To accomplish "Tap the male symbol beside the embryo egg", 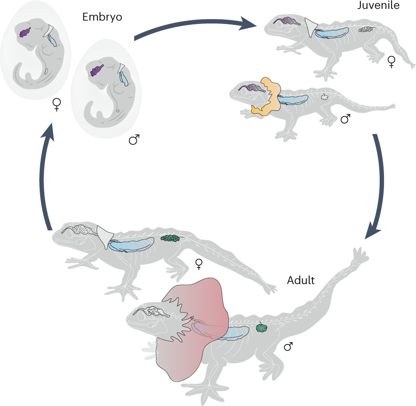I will click(x=134, y=140).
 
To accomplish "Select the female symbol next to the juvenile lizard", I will click(x=391, y=62).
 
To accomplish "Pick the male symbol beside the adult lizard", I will click(x=289, y=347).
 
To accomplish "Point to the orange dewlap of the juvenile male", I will click(x=268, y=97).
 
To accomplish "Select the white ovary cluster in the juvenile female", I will click(x=366, y=29).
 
